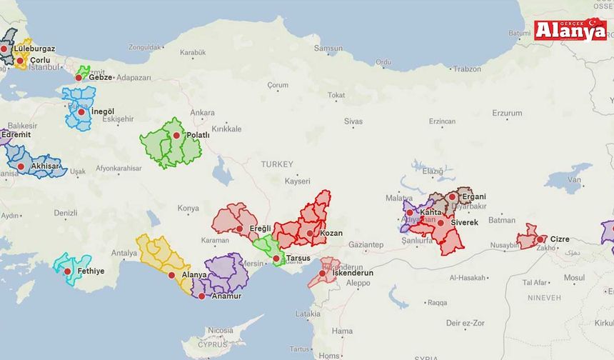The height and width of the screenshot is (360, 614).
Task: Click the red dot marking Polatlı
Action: (x=176, y=135)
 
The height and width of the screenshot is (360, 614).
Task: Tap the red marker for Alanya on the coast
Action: (x=171, y=275)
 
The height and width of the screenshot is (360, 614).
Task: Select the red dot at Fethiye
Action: (x=68, y=271)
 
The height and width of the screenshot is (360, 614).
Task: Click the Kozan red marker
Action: (x=309, y=233)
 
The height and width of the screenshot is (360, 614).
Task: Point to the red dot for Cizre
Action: (x=540, y=239)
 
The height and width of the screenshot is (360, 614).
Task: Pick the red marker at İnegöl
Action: (x=81, y=111)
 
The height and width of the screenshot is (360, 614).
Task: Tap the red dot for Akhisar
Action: (x=21, y=166)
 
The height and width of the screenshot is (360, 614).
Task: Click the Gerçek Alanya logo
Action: (x=570, y=29)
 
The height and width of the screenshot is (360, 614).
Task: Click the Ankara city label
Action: (x=202, y=113)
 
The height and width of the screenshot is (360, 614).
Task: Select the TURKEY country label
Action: (x=277, y=164)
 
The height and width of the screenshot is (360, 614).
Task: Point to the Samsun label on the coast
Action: (x=328, y=49)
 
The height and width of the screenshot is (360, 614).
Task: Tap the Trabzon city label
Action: (x=468, y=69)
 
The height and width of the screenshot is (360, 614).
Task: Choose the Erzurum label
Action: (x=507, y=113)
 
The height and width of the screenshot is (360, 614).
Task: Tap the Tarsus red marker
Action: (x=276, y=259)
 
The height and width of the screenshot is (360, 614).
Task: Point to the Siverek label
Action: (x=465, y=223)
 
